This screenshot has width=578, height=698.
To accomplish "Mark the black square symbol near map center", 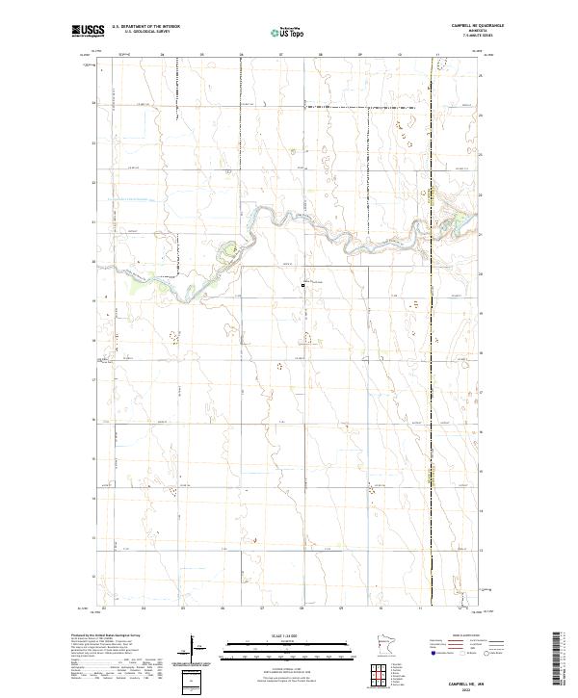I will pos(302,285).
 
